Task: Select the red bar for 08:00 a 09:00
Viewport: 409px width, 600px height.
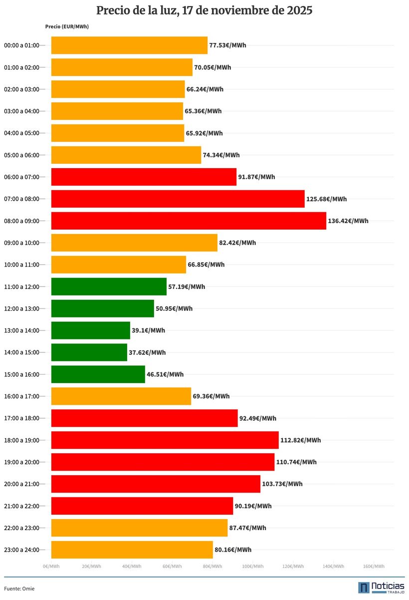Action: point(189,221)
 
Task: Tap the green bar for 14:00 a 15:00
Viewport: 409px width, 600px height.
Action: point(89,352)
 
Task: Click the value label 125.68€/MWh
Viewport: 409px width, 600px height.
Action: point(326,199)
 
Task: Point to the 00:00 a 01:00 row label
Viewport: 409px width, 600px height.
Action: point(21,45)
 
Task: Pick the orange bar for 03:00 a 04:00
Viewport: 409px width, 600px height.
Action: point(117,111)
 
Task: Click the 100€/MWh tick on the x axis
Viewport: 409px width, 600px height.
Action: point(253,567)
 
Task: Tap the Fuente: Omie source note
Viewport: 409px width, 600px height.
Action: point(19,589)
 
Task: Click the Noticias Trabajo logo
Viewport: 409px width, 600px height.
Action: point(381,588)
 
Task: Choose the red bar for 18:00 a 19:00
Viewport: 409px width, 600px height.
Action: point(165,440)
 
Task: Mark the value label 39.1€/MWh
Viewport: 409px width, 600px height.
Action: point(148,330)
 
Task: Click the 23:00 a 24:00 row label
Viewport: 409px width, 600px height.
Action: point(21,550)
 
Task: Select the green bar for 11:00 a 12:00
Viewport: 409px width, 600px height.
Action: point(109,287)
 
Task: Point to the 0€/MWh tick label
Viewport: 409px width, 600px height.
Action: point(51,567)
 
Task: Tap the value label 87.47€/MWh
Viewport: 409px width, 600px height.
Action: point(247,528)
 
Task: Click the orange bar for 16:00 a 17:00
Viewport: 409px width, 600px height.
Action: point(121,396)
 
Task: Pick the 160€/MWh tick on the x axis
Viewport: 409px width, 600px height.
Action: point(374,567)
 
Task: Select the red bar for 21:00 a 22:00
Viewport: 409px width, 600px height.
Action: point(142,506)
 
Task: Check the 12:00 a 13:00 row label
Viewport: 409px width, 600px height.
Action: point(21,308)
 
